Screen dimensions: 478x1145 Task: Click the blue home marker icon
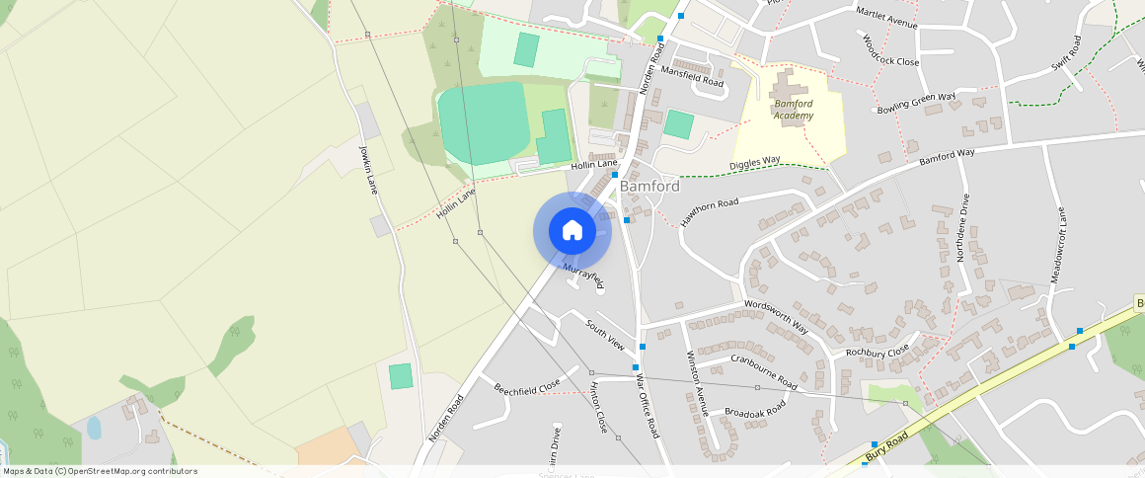(x=572, y=231)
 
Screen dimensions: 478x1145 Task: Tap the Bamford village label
(x=649, y=186)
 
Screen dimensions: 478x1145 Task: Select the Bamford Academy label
(x=794, y=110)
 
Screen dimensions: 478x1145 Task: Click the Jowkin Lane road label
(x=368, y=169)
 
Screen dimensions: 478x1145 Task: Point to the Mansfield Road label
(x=692, y=77)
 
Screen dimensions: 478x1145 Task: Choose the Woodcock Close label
(x=890, y=51)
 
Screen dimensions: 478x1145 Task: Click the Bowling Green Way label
(x=917, y=103)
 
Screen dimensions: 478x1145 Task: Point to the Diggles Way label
(x=755, y=163)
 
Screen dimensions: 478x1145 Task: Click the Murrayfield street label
(x=583, y=276)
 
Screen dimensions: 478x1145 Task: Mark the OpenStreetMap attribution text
(x=99, y=471)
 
